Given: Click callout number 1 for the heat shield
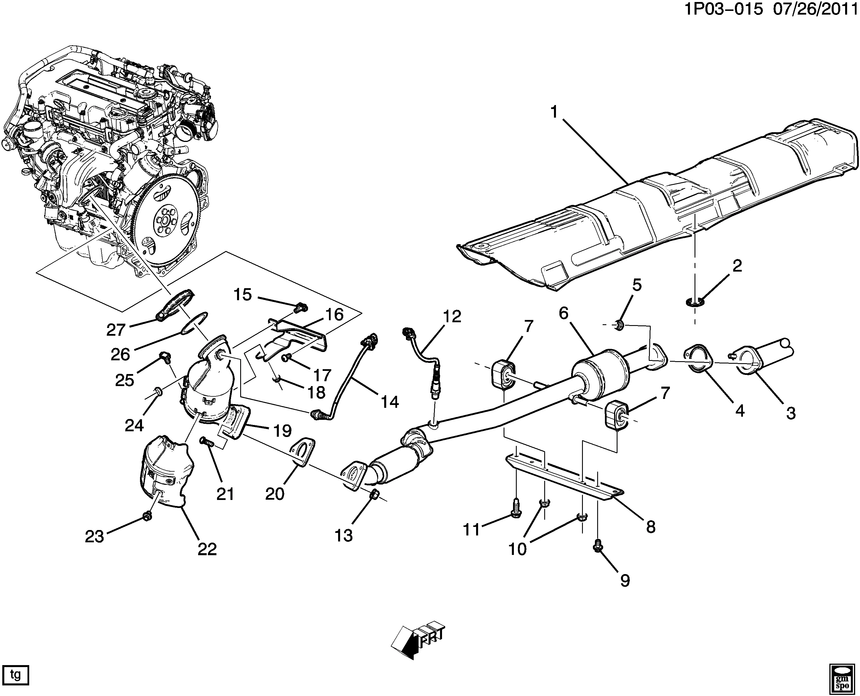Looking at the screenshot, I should (554, 112).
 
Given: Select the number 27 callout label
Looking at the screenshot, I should (116, 330).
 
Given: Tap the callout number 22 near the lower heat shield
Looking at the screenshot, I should (207, 549).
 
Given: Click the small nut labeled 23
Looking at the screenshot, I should (147, 516).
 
